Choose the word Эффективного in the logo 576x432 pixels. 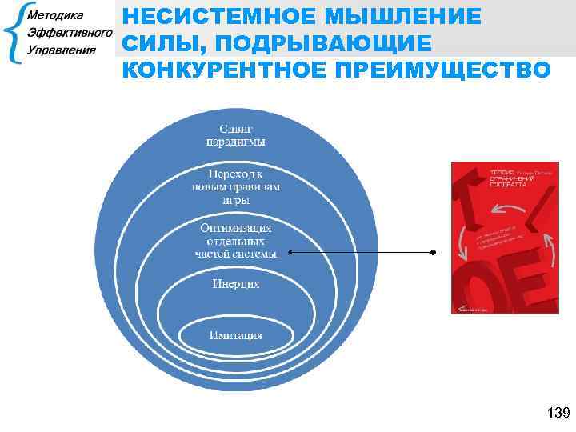[x=69, y=33]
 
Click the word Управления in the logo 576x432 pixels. [x=61, y=50]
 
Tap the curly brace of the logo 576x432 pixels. [x=13, y=34]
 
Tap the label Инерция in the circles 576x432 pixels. [x=235, y=283]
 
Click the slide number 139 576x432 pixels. [x=556, y=413]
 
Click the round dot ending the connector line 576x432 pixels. [x=432, y=253]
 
